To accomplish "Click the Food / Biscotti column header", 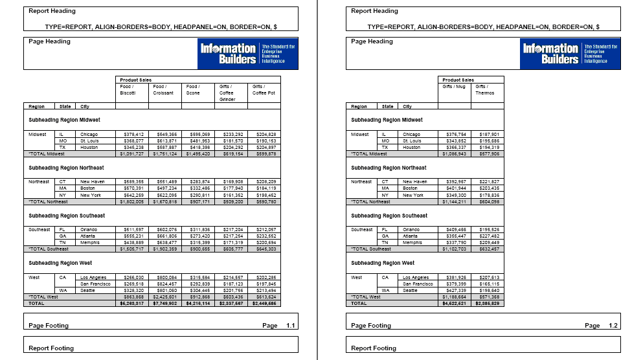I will [x=127, y=89].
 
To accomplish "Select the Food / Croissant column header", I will [x=163, y=89].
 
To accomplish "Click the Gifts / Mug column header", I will [x=453, y=86].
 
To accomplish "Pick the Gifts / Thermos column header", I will [x=485, y=89].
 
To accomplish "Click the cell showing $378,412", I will [x=133, y=134].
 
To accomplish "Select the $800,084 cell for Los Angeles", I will [x=167, y=277].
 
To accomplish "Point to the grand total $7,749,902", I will [x=166, y=303].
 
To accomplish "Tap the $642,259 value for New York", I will [x=133, y=195].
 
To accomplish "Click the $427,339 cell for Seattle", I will [x=456, y=290].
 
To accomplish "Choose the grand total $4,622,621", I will [x=455, y=303].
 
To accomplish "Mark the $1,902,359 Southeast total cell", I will [x=166, y=249].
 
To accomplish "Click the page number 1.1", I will [x=291, y=326].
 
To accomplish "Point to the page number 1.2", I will [x=613, y=326].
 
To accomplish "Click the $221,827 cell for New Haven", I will [x=489, y=182].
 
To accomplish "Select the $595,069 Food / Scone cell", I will [x=200, y=134].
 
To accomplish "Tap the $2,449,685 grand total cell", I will [x=264, y=303].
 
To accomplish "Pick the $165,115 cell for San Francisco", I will [x=489, y=284].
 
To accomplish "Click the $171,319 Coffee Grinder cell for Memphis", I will [x=233, y=243].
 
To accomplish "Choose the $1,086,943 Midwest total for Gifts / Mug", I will [x=455, y=154].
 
